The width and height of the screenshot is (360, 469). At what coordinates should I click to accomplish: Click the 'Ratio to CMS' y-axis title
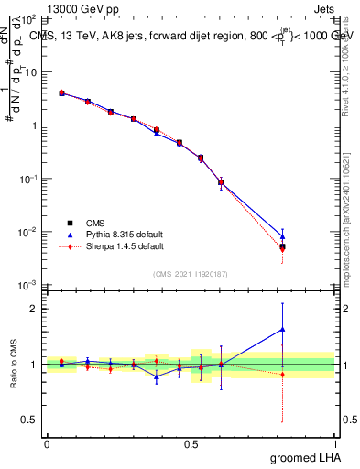[12, 364]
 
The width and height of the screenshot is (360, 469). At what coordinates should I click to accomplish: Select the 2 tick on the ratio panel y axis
[34, 309]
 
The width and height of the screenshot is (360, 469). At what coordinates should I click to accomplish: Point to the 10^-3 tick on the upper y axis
[29, 286]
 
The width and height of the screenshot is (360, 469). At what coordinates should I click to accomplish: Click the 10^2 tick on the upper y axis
[29, 19]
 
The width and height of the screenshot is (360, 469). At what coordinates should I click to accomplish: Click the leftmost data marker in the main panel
[61, 93]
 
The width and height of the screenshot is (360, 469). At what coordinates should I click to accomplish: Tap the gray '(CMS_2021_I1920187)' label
[191, 273]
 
